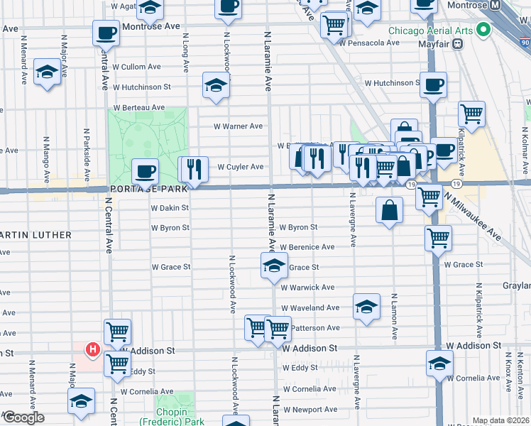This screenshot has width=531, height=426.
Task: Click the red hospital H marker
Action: (x=92, y=349)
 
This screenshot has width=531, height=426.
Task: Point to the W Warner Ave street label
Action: (x=239, y=126)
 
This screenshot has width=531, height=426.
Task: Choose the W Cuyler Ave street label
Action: (x=240, y=167)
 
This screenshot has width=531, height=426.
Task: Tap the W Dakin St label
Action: (x=170, y=208)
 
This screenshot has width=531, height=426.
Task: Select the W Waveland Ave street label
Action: (x=310, y=308)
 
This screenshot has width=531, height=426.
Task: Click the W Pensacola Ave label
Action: (x=366, y=43)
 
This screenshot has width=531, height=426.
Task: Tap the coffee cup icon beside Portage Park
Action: (x=146, y=172)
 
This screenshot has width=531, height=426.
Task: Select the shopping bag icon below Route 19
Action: (x=390, y=210)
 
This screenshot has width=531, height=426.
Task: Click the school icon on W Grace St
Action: (x=273, y=266)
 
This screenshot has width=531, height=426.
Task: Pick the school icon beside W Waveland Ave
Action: (x=366, y=307)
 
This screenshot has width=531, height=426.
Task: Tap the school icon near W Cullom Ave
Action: (x=47, y=72)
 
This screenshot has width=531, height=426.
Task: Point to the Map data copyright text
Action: (x=500, y=420)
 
